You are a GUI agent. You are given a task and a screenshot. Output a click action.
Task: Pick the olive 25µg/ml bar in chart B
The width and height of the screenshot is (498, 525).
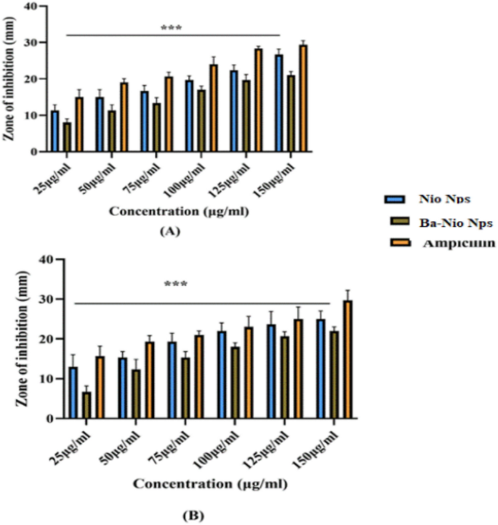click(87, 405)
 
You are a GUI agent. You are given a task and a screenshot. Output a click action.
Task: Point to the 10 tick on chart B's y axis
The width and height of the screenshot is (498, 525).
click(49, 379)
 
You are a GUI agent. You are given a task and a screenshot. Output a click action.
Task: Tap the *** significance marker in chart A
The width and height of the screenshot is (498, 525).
click(172, 28)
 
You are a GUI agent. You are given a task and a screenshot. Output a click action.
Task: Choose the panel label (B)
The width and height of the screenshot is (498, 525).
click(193, 515)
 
